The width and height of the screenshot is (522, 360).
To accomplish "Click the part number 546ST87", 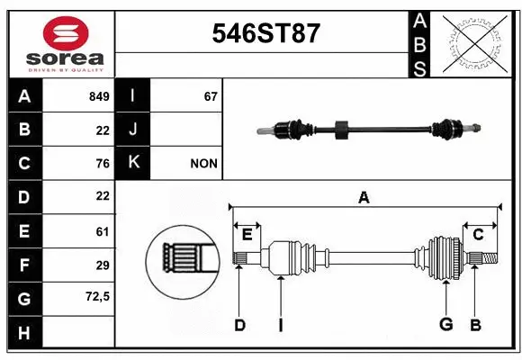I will (265, 33).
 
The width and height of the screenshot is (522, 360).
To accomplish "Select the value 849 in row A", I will (98, 96).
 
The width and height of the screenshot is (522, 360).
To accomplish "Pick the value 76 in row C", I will (102, 163).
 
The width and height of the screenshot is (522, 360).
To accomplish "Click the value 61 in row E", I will (102, 231).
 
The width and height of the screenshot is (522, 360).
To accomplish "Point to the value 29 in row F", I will (102, 265).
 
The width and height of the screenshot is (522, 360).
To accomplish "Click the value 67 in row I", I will (211, 96).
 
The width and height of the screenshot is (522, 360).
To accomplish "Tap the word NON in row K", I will (202, 164).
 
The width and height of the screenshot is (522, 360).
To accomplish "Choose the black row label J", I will (133, 130).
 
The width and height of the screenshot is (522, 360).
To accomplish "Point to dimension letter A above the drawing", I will (364, 197).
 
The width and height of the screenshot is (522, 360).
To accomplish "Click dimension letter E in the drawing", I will (247, 235).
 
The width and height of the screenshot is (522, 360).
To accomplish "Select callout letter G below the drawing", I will (445, 325).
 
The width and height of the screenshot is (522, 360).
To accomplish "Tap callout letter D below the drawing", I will (239, 325).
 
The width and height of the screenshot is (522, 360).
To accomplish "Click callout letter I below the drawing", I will (280, 325).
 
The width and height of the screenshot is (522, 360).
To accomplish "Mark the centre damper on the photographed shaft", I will (340, 130).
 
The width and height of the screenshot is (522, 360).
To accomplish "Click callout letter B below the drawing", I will (475, 325).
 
